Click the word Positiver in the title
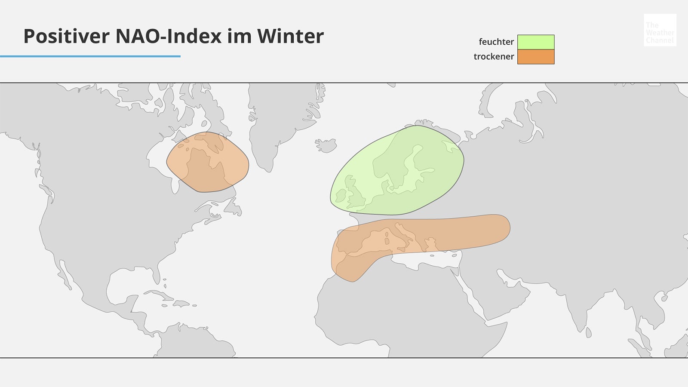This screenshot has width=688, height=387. pos(66,36)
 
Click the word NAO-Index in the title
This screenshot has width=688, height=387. pos(169,36)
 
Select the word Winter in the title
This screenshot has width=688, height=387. pos(291,36)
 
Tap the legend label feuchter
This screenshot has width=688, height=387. pos(496,42)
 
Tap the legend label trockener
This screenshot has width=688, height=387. pos(494,57)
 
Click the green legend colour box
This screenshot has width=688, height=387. pos(536,42)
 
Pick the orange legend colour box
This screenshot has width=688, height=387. pos(536,57)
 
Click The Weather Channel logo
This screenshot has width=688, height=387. pos(660,30)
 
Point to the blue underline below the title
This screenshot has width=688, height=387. pos(90,56)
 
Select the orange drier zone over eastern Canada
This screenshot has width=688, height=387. pos(208,162)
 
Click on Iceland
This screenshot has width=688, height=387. pos(326,145)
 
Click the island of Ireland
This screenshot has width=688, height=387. pos(341,196)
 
